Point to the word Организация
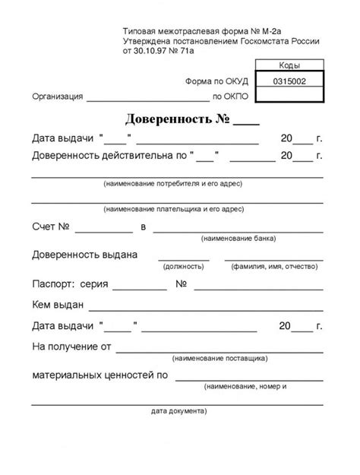58,97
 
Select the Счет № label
51,226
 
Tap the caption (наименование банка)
232,239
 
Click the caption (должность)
183,267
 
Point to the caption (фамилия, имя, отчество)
276,267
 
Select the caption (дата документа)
179,412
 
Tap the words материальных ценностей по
99,375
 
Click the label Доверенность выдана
84,254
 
